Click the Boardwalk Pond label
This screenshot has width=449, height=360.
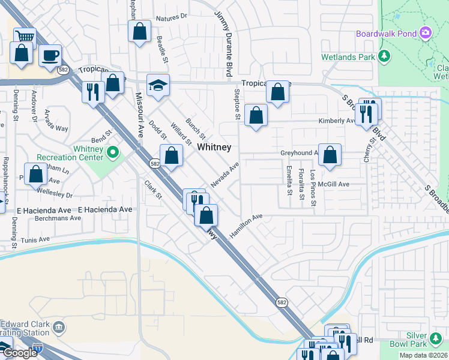387,34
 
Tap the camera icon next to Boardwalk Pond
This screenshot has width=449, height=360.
426,32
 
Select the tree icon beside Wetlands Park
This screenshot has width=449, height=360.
385,57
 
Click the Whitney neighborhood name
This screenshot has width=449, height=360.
214,147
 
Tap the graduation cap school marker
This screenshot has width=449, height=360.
158,85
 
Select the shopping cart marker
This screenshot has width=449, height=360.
25,37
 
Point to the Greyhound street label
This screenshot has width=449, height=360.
298,154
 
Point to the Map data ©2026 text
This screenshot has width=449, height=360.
422,356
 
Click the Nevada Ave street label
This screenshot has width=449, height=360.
224,174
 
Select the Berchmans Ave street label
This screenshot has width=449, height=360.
58,218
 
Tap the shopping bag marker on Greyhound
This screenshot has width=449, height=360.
330,154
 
